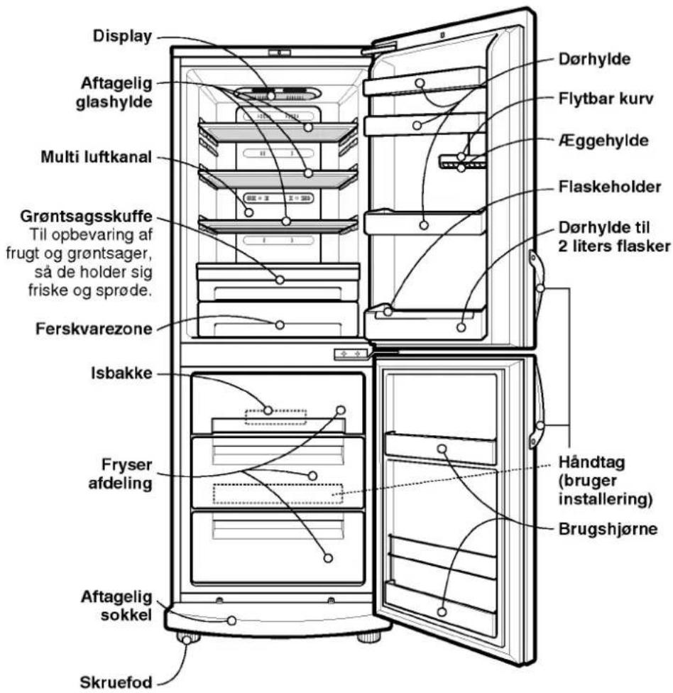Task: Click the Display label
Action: pyautogui.click(x=122, y=36)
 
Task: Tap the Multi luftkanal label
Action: pyautogui.click(x=97, y=157)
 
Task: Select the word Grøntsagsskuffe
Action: pyautogui.click(x=86, y=217)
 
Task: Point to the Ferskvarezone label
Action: pyautogui.click(x=94, y=329)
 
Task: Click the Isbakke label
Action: pyautogui.click(x=121, y=373)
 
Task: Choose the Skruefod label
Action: pyautogui.click(x=116, y=682)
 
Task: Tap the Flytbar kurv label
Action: pyautogui.click(x=606, y=99)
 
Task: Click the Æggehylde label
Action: pyautogui.click(x=603, y=141)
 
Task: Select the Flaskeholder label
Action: pyautogui.click(x=610, y=187)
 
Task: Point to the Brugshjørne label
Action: pyautogui.click(x=608, y=529)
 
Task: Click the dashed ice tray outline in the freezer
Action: pyautogui.click(x=275, y=417)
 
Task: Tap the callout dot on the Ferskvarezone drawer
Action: pyautogui.click(x=279, y=325)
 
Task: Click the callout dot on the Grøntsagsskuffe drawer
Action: pyautogui.click(x=279, y=280)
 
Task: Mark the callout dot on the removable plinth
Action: pyautogui.click(x=231, y=621)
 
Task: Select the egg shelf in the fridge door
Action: pyautogui.click(x=461, y=162)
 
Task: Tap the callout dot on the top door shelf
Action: pyautogui.click(x=420, y=82)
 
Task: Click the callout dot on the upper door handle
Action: pyautogui.click(x=540, y=288)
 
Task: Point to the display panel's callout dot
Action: pyautogui.click(x=271, y=95)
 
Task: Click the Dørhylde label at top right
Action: pyautogui.click(x=594, y=59)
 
